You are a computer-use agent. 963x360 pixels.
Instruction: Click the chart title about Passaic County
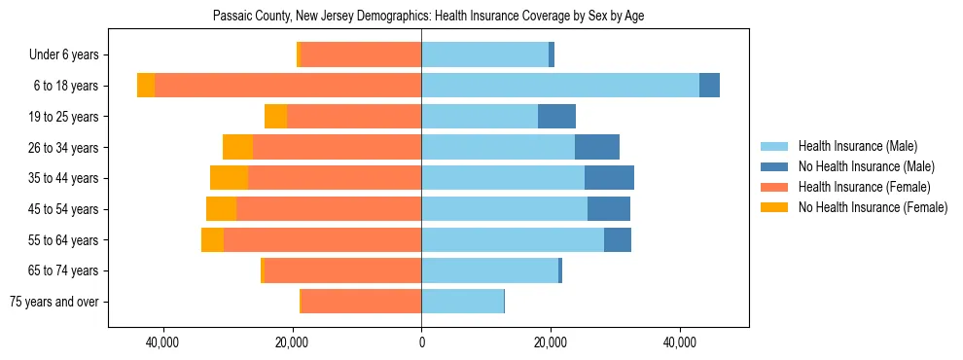(x=428, y=16)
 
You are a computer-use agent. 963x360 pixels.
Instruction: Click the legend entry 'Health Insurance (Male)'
(x=857, y=146)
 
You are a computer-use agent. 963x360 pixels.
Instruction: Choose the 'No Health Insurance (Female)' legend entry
(x=873, y=207)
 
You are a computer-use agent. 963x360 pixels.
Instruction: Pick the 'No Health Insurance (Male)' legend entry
(x=866, y=166)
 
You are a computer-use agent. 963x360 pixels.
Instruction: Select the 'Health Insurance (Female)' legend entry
(x=864, y=187)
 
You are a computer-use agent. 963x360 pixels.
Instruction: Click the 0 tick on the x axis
(x=421, y=342)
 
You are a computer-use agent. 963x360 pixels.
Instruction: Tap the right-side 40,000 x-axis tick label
(x=680, y=342)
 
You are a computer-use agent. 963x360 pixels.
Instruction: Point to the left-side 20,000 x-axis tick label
(x=292, y=342)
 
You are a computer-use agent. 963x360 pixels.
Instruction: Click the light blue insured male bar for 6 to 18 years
(x=559, y=86)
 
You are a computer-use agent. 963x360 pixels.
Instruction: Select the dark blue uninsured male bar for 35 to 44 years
(x=609, y=178)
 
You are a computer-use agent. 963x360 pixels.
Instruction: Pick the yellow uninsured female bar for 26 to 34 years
(x=237, y=147)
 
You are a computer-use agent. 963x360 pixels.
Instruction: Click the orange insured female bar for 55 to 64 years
(x=322, y=239)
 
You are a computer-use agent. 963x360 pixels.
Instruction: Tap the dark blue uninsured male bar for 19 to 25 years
(x=556, y=117)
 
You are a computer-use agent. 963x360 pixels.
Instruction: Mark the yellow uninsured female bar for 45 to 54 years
(x=221, y=209)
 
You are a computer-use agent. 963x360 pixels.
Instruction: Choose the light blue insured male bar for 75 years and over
(x=462, y=302)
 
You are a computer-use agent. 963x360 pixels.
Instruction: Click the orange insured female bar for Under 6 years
(x=361, y=55)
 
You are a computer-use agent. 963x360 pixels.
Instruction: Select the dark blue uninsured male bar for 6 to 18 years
(x=709, y=86)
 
